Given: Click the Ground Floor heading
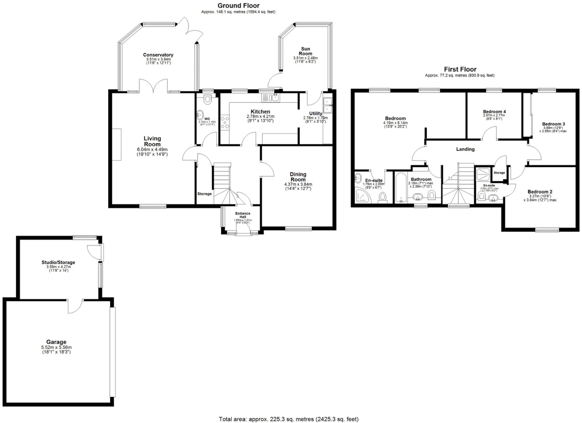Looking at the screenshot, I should (238, 6).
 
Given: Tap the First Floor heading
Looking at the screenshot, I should (460, 69).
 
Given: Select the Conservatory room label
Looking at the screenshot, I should (158, 55).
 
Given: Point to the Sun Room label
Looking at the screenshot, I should (305, 51).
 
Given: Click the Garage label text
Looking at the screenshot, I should (56, 342).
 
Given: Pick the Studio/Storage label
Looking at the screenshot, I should (58, 262).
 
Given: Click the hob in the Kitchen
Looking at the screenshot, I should (225, 122).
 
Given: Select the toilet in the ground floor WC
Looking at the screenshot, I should (207, 99).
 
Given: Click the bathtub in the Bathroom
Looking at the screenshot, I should (400, 188).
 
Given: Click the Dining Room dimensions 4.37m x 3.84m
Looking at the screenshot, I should (298, 184).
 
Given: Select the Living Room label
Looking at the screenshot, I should (152, 141).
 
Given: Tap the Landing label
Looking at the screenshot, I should (465, 149).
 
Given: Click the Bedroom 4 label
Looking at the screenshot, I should (494, 111).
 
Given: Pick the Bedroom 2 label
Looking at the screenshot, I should (540, 192).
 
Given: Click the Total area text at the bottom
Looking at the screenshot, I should (289, 419).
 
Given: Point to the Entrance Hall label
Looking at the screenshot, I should (243, 215).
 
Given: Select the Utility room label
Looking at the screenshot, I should (316, 114).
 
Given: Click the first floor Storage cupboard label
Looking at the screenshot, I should (499, 173).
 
